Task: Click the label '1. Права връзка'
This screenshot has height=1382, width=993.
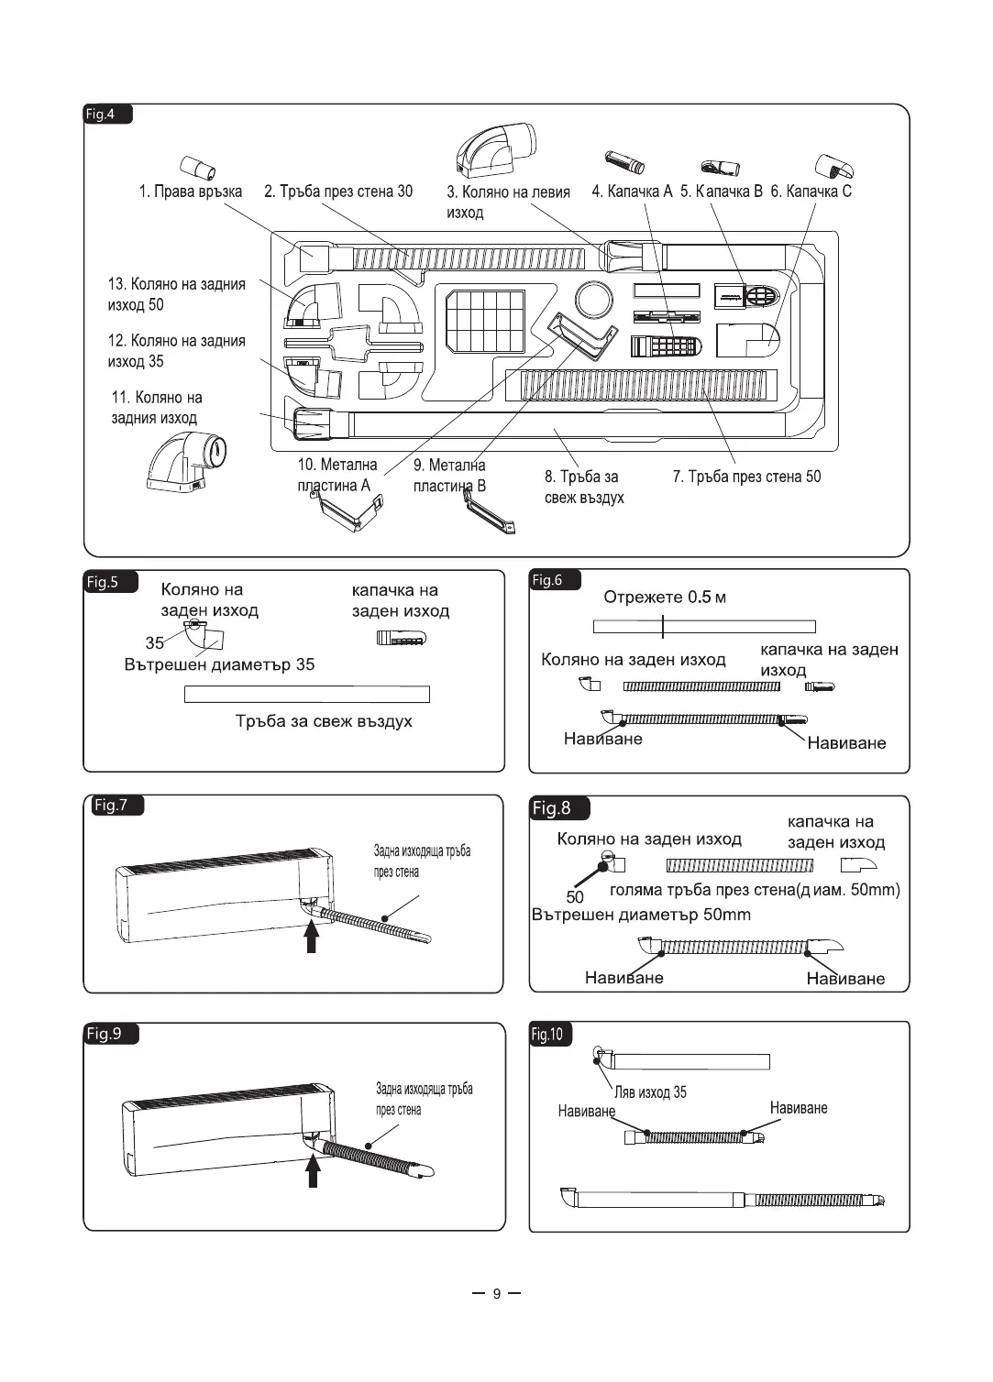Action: tap(191, 192)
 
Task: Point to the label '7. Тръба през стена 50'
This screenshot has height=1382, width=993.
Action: tap(746, 477)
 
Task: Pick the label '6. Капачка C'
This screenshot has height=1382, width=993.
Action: tap(811, 192)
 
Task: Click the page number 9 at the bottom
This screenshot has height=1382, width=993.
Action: tap(497, 1294)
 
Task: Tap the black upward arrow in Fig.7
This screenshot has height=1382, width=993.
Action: tap(312, 936)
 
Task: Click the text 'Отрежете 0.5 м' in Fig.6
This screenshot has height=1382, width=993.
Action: tap(665, 598)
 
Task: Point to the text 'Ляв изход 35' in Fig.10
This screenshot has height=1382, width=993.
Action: tap(650, 1092)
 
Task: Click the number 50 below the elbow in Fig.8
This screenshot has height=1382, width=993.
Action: tap(575, 897)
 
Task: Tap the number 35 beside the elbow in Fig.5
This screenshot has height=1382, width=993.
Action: tap(154, 642)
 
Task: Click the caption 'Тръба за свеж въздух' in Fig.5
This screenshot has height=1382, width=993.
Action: tap(324, 721)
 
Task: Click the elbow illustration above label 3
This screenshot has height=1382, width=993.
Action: tap(499, 150)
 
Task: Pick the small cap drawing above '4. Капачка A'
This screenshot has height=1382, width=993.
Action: tap(623, 163)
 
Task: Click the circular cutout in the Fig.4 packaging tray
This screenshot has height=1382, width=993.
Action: tap(593, 300)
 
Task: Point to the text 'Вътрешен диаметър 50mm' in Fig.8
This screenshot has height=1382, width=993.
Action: tap(641, 915)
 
